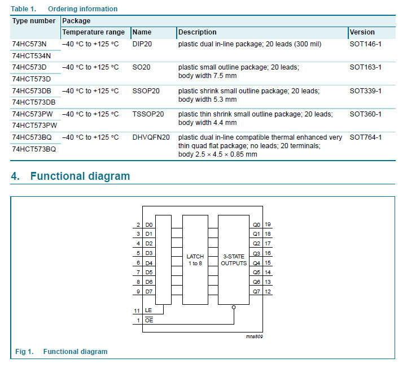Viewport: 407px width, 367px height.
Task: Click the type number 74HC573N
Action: point(29,44)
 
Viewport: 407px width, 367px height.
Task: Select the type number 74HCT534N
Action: point(31,55)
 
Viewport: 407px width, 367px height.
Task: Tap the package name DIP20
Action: point(143,44)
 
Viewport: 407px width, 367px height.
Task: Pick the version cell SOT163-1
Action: point(365,67)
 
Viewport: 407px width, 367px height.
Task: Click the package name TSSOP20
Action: point(148,114)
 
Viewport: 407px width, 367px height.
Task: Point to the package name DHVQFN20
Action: point(151,137)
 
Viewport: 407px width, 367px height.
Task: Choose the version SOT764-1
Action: point(365,137)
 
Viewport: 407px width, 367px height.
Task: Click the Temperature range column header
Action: point(93,32)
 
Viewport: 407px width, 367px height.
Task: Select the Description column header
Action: point(197,32)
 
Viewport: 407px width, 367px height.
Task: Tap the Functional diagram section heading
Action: point(80,176)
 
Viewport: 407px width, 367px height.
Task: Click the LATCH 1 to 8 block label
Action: point(195,260)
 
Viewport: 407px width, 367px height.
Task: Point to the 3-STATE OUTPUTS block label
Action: point(234,260)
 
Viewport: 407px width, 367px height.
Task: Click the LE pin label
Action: point(148,311)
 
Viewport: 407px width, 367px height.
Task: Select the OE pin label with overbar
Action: point(149,321)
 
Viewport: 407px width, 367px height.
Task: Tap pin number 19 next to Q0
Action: point(268,224)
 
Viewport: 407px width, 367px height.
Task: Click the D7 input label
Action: point(149,291)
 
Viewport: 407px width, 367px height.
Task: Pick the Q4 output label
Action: point(256,263)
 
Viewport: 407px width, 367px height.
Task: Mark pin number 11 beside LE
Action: point(137,311)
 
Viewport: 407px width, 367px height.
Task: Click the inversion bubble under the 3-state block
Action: point(234,307)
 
